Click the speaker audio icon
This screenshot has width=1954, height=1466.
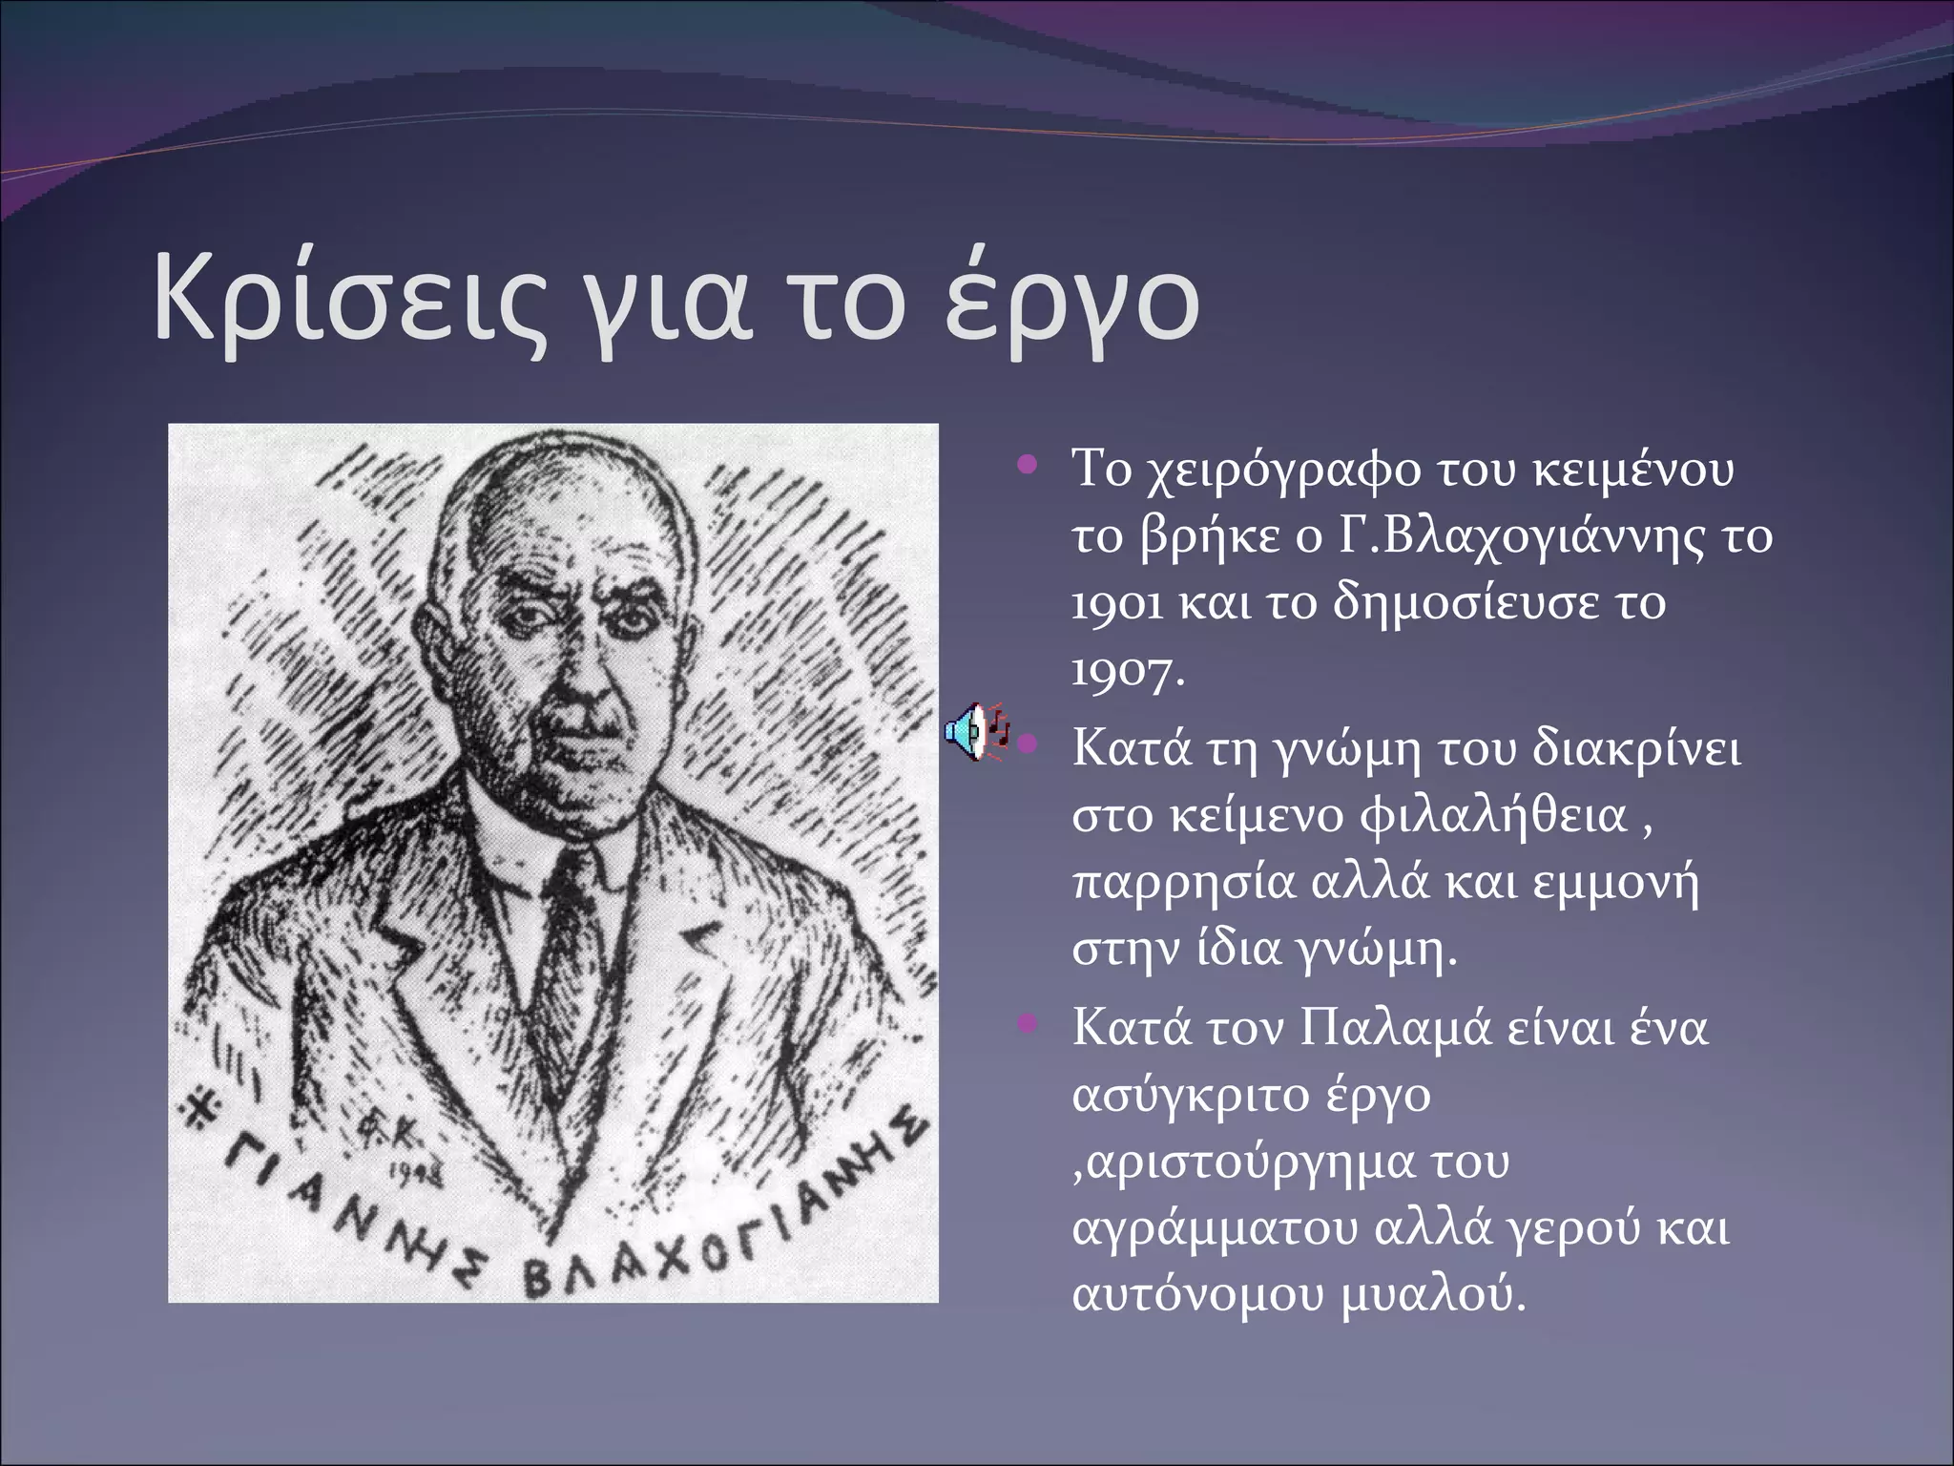pos(973,733)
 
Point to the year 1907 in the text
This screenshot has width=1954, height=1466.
pos(1126,673)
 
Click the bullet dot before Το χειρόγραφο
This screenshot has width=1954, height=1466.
pos(1027,466)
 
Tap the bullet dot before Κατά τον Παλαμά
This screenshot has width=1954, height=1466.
pos(1027,1025)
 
